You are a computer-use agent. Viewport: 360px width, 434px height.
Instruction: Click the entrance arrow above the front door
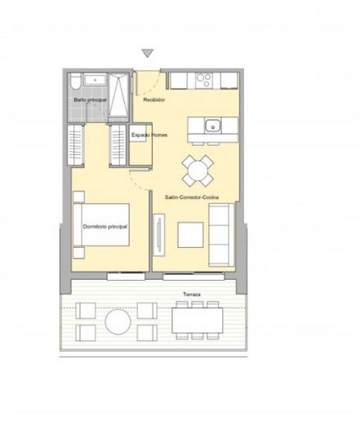click(x=147, y=54)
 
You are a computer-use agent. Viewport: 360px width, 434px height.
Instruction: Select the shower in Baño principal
click(x=117, y=95)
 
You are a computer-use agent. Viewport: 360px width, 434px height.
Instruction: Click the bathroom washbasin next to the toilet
click(x=93, y=81)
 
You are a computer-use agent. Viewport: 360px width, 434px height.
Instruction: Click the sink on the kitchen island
click(x=211, y=126)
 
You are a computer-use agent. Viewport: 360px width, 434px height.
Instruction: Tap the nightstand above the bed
click(x=78, y=197)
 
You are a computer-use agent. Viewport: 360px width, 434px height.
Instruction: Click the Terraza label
click(x=192, y=292)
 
